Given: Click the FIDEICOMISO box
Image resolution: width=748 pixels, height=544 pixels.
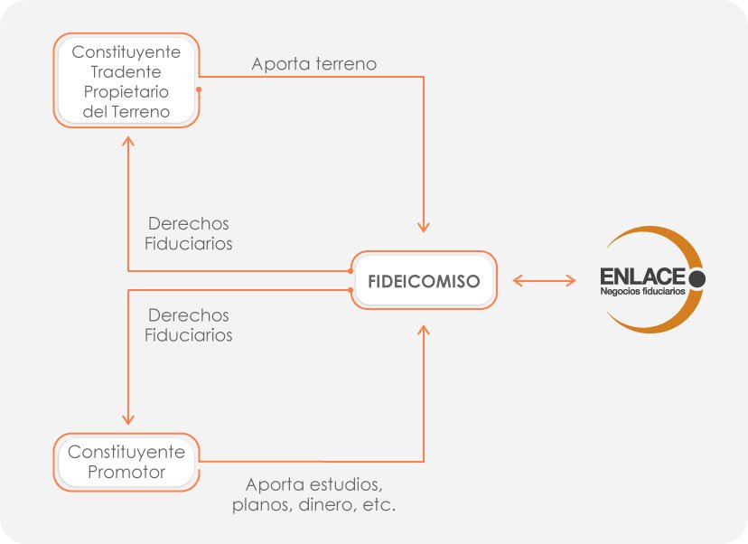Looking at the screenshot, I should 424,280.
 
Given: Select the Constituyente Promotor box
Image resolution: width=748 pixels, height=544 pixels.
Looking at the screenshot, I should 126,462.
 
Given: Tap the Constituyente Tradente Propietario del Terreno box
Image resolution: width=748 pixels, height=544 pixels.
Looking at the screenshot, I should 126,82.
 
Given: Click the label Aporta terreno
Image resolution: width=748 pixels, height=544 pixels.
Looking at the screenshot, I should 313,64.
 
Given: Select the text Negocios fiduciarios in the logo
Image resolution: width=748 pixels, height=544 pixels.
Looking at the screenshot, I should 642,292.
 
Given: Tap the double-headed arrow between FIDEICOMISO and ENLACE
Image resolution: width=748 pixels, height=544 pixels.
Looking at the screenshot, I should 544,280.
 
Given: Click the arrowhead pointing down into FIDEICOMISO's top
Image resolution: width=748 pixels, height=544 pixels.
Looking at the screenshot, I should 423,226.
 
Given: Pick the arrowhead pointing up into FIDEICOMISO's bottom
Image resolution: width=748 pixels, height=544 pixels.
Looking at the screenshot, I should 423,332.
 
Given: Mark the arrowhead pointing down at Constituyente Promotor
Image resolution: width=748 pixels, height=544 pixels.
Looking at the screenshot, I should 128,418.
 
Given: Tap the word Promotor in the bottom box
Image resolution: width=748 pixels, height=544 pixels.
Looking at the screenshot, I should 126,473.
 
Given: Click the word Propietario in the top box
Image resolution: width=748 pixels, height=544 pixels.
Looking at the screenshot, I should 126,92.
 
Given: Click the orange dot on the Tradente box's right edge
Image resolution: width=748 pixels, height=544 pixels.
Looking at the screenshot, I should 198,89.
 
